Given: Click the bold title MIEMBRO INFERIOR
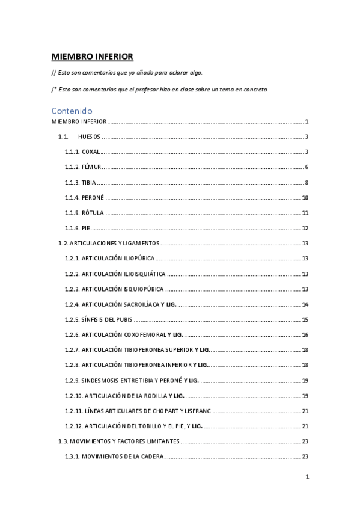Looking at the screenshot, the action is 92,57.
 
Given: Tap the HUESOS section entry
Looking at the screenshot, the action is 88,137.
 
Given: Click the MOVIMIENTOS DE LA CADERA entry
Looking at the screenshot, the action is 114,456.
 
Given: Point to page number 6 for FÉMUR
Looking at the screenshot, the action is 306,167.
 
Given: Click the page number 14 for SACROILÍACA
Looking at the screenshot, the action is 305,304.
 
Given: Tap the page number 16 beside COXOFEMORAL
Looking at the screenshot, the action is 305,335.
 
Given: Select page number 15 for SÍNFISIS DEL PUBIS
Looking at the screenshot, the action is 305,319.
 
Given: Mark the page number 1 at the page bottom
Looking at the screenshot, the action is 307,478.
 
